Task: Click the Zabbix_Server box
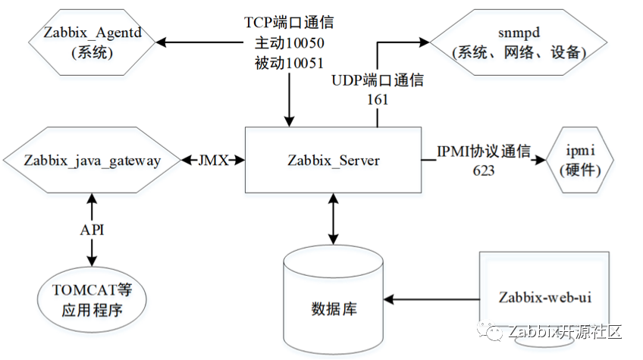point(334,160)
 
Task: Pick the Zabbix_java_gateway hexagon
point(93,160)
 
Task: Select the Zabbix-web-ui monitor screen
point(544,296)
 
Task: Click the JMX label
point(213,160)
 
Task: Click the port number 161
point(377,99)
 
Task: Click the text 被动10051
point(289,64)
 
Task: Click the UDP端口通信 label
point(377,80)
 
